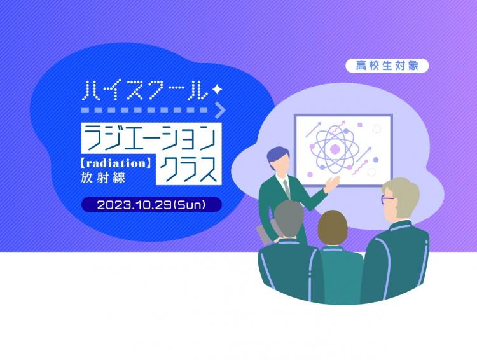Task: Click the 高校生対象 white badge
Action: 387,66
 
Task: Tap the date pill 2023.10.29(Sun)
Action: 151,205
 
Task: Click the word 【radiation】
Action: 116,163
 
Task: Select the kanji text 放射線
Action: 103,177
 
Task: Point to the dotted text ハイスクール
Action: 146,90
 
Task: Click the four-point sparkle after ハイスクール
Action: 217,89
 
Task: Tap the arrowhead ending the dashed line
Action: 221,110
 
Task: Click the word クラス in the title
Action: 189,169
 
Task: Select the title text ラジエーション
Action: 151,138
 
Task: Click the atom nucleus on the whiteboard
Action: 335,149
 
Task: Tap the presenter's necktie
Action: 286,188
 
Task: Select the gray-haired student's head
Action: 288,219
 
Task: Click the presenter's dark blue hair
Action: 277,155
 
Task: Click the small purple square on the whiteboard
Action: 360,125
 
